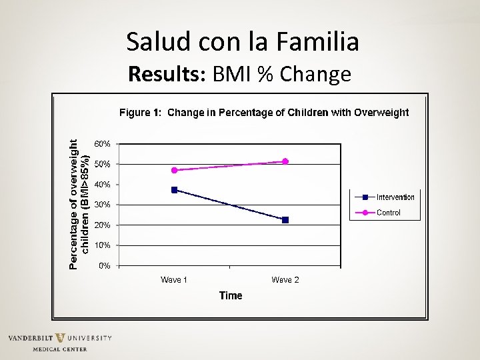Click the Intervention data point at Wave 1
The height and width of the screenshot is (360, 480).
click(x=175, y=190)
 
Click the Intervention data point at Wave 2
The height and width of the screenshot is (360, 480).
click(x=285, y=220)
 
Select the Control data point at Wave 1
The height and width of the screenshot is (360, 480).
click(x=175, y=171)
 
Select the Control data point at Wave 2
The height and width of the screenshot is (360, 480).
click(x=285, y=161)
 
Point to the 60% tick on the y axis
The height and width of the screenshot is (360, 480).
click(x=102, y=144)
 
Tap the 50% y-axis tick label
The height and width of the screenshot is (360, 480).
click(x=102, y=164)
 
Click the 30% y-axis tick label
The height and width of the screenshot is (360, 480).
click(x=102, y=205)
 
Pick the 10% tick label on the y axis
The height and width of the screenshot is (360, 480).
click(x=102, y=245)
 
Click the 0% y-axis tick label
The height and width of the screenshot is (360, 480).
click(x=105, y=266)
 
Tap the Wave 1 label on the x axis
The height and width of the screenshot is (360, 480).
click(x=174, y=280)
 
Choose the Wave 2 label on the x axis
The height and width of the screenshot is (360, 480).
click(x=285, y=280)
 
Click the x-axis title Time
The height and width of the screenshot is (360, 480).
click(x=231, y=295)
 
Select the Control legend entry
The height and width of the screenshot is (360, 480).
click(x=389, y=213)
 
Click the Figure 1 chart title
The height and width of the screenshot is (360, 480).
click(x=264, y=113)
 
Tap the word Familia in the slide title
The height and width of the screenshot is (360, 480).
click(x=321, y=42)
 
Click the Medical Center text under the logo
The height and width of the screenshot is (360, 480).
click(x=60, y=349)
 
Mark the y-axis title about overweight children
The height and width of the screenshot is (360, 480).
click(x=79, y=204)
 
